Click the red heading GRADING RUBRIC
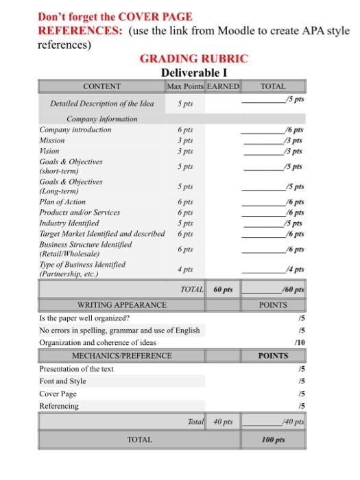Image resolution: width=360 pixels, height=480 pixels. point(193,59)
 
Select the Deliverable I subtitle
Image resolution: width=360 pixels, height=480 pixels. point(193,72)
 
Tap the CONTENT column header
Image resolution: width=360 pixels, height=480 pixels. point(101,86)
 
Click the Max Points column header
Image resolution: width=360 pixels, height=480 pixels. point(185,86)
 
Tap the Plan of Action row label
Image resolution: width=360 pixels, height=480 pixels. point(62,202)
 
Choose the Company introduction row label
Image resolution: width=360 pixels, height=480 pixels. point(75,130)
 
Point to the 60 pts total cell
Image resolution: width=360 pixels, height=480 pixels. point(223,290)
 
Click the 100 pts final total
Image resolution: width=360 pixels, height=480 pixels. point(273,439)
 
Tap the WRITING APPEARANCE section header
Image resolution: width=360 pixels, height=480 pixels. point(121,304)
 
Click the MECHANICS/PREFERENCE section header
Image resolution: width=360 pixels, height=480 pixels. point(122,356)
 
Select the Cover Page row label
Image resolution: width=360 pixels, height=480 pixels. point(58,394)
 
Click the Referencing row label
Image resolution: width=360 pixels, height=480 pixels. point(59,406)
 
